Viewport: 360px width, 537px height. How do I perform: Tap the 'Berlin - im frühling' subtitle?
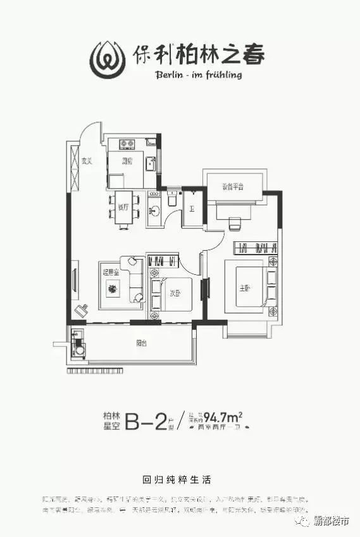[x=197, y=74]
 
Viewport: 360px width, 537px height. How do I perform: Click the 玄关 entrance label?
[x=87, y=161]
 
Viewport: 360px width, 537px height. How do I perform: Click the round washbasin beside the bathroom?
[x=154, y=210]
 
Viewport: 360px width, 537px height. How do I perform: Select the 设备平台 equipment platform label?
[x=233, y=187]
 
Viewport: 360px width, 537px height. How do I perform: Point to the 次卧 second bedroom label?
[x=175, y=293]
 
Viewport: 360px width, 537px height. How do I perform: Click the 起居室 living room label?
[x=110, y=272]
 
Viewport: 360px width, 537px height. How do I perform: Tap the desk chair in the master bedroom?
[x=235, y=224]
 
